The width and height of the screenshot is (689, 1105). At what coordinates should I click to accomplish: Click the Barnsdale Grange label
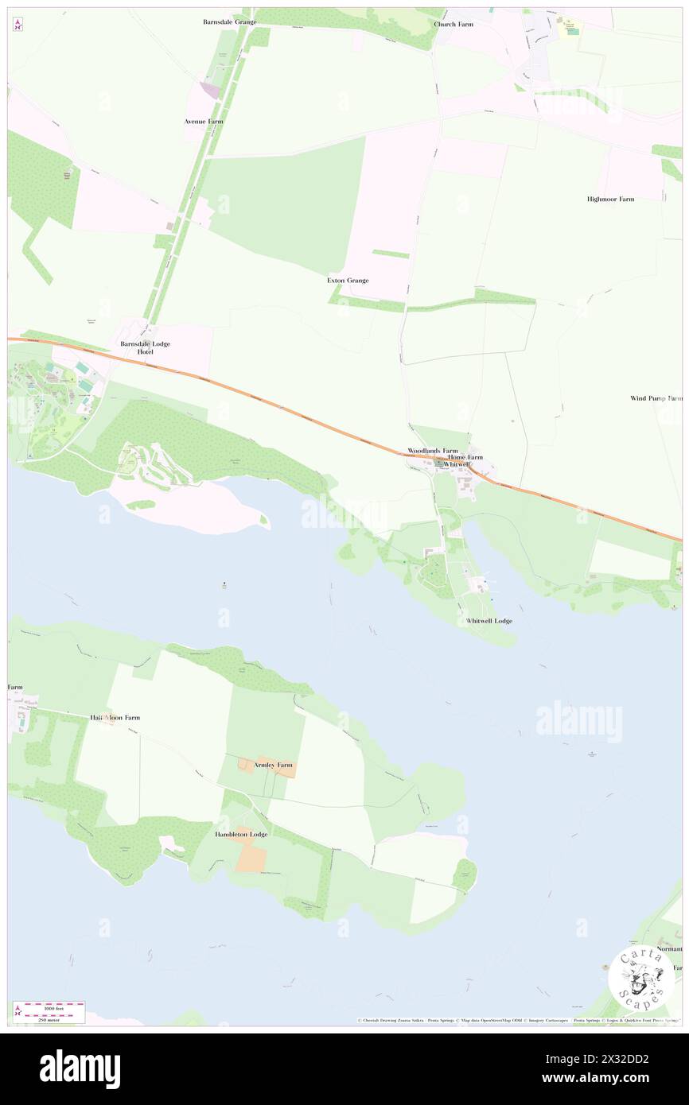click(x=229, y=22)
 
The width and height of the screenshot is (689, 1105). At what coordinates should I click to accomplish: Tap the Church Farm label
click(x=453, y=25)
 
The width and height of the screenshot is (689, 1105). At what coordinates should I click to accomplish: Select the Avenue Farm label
click(x=204, y=122)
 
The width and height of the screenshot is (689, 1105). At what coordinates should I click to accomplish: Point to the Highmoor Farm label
click(x=610, y=199)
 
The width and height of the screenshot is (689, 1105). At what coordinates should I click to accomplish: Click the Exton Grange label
click(x=348, y=281)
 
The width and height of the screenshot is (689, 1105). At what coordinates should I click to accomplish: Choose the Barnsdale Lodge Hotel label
click(x=145, y=347)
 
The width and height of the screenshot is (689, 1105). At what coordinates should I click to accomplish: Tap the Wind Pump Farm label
click(x=656, y=398)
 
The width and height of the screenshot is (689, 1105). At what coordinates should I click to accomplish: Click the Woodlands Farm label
click(x=432, y=451)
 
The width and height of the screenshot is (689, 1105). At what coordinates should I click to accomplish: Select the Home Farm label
click(x=465, y=458)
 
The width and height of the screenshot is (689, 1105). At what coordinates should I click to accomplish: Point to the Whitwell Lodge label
click(x=489, y=620)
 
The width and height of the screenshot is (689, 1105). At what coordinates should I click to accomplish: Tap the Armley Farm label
click(x=273, y=765)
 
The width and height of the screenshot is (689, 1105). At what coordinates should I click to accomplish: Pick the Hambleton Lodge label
click(x=241, y=835)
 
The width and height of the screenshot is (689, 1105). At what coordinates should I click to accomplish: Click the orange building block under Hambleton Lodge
click(x=252, y=857)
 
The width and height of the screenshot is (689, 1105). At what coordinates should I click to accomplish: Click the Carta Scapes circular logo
click(x=641, y=979)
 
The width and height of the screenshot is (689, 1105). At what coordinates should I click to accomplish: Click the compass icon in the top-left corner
click(x=18, y=25)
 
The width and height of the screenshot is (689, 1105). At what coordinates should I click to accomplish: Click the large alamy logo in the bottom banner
click(x=80, y=1069)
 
